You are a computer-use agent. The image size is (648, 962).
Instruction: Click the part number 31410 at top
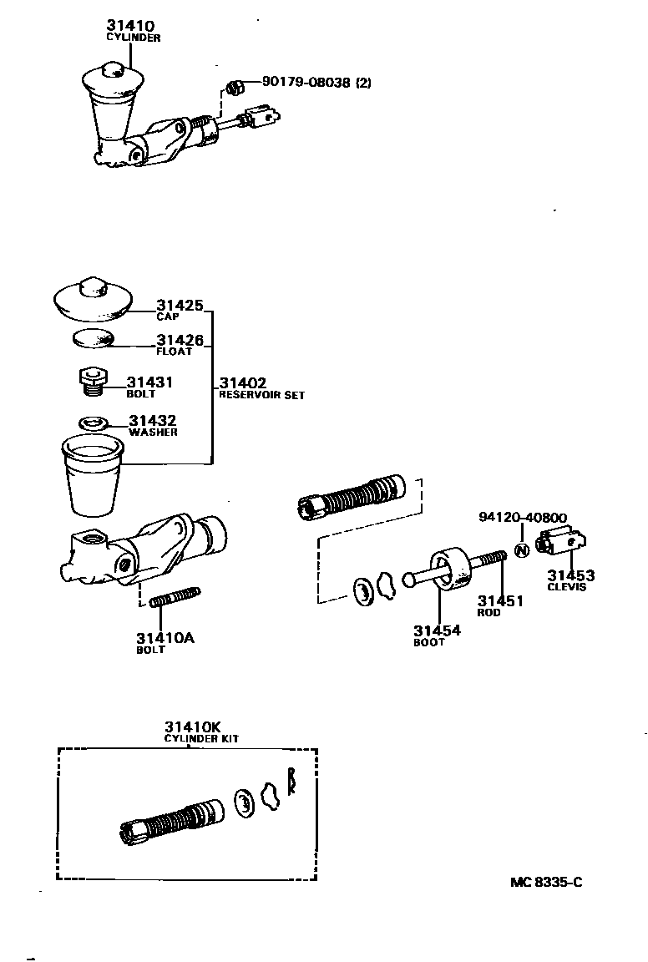pos(132,26)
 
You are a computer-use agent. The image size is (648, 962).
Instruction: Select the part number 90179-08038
pos(306,82)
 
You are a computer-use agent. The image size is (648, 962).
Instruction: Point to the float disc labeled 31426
pos(91,339)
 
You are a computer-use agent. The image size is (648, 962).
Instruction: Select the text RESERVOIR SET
pos(261,395)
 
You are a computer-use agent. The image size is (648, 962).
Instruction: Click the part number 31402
pos(243,384)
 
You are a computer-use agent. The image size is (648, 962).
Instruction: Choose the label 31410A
pos(165,638)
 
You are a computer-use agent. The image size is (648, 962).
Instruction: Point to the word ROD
pos(489,612)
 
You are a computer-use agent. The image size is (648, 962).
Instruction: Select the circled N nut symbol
pos(521,550)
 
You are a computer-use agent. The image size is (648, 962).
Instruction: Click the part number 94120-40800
pos(523,518)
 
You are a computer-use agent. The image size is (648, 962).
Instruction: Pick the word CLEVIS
pos(567,587)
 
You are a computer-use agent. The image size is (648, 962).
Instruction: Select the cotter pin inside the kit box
pos(291,782)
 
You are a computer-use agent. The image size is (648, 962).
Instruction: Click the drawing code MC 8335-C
pos(547,882)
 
